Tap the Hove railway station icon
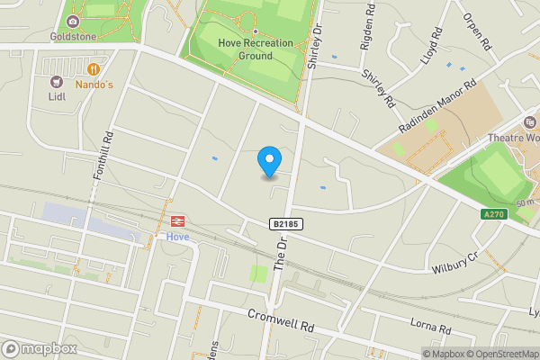(x=177, y=220)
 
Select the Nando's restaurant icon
(x=94, y=68)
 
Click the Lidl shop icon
(x=54, y=81)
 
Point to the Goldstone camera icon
(x=71, y=21)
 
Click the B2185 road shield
(x=284, y=223)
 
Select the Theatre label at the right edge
(x=517, y=138)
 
